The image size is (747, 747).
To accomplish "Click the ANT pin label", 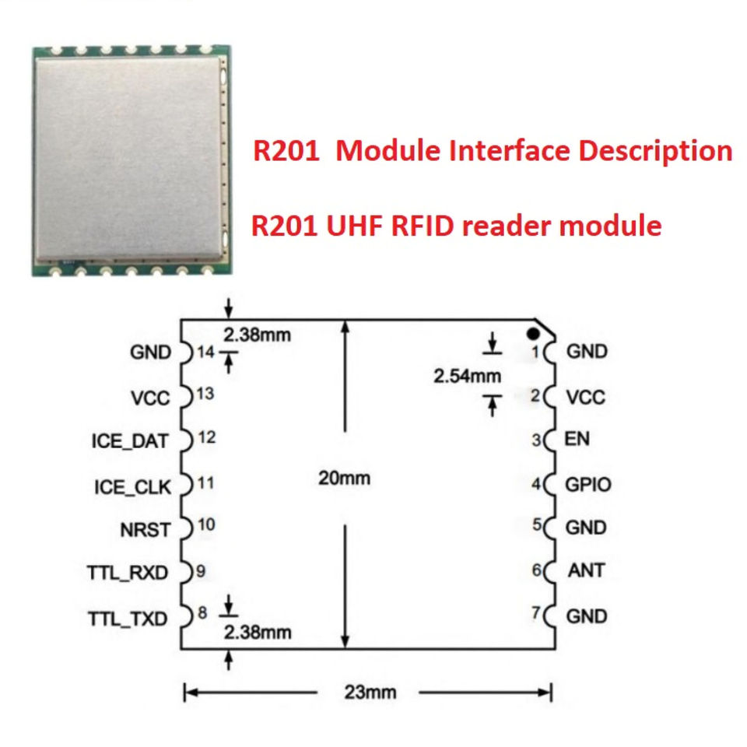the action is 586,570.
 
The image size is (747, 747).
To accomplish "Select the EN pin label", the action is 577,438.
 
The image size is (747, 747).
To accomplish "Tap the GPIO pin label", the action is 587,484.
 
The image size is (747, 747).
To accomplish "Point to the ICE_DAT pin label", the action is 129,440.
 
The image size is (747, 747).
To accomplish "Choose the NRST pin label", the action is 144,531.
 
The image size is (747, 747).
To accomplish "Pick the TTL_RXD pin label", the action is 128,574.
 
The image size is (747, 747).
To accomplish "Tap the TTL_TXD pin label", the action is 128,619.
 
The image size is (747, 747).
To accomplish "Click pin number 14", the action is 205,352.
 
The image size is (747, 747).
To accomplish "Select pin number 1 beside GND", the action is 535,352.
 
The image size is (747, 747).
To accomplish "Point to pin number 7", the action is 535,613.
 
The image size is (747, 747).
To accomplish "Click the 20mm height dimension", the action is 344,478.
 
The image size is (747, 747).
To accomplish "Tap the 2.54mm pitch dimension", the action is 467,377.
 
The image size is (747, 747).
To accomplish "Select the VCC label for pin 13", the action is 151,398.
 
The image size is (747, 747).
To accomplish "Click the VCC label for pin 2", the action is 585,398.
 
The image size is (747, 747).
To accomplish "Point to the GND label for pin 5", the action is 586,528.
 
